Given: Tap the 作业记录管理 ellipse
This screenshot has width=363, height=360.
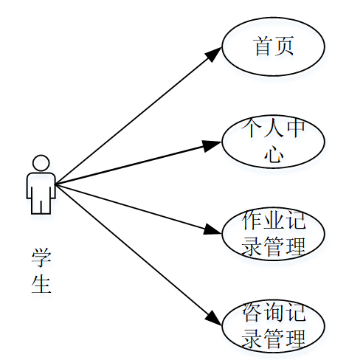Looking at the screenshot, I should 274,234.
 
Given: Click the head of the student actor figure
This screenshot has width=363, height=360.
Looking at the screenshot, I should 41,162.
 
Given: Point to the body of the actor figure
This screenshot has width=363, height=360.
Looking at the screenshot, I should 41,192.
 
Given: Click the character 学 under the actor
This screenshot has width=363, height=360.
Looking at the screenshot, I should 41,258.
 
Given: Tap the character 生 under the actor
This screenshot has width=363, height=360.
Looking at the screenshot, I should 41,284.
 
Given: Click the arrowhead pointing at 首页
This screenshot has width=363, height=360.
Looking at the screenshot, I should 215,53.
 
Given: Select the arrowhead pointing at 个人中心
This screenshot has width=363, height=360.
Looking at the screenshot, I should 213,145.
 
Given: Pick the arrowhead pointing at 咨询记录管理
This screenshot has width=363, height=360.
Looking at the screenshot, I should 213,318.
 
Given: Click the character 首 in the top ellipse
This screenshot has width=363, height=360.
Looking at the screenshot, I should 263,46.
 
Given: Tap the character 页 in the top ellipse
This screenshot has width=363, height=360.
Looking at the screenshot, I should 285,46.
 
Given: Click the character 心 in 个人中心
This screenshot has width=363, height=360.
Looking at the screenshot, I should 274,155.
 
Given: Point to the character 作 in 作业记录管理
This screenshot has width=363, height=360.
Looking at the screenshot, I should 253,221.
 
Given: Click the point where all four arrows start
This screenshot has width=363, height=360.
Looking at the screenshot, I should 56,184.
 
